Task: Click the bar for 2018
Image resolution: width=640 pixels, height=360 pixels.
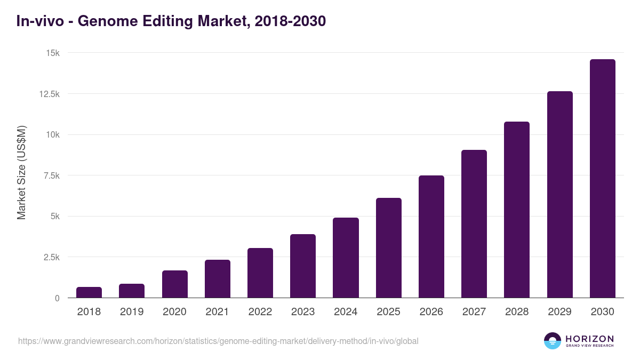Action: coord(89,292)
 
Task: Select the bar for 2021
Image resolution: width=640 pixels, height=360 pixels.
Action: coord(218,278)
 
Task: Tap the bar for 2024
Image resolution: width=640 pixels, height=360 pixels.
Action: coord(346,258)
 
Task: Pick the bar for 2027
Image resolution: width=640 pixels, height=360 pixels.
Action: coord(474,224)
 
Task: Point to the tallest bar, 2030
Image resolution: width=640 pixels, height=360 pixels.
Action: coord(602,179)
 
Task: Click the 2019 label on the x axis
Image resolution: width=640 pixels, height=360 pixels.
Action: coord(132,312)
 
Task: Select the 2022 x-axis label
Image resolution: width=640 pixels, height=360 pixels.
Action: coord(260,312)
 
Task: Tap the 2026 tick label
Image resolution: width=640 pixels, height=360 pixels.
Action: coord(431,312)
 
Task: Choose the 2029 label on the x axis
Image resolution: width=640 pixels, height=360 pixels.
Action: coord(559,312)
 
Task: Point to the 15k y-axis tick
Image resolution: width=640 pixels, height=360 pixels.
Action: coord(52,53)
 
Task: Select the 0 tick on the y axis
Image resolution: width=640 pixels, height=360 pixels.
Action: coord(57,298)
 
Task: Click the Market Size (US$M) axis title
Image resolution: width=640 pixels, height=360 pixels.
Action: coord(21,172)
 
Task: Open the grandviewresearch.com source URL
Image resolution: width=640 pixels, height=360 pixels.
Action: coord(218,341)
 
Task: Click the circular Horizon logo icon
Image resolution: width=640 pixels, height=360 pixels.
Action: coord(553,341)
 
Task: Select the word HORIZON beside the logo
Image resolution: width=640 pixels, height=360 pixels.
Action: coord(589,339)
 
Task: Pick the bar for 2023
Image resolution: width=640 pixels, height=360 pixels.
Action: coord(303,266)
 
